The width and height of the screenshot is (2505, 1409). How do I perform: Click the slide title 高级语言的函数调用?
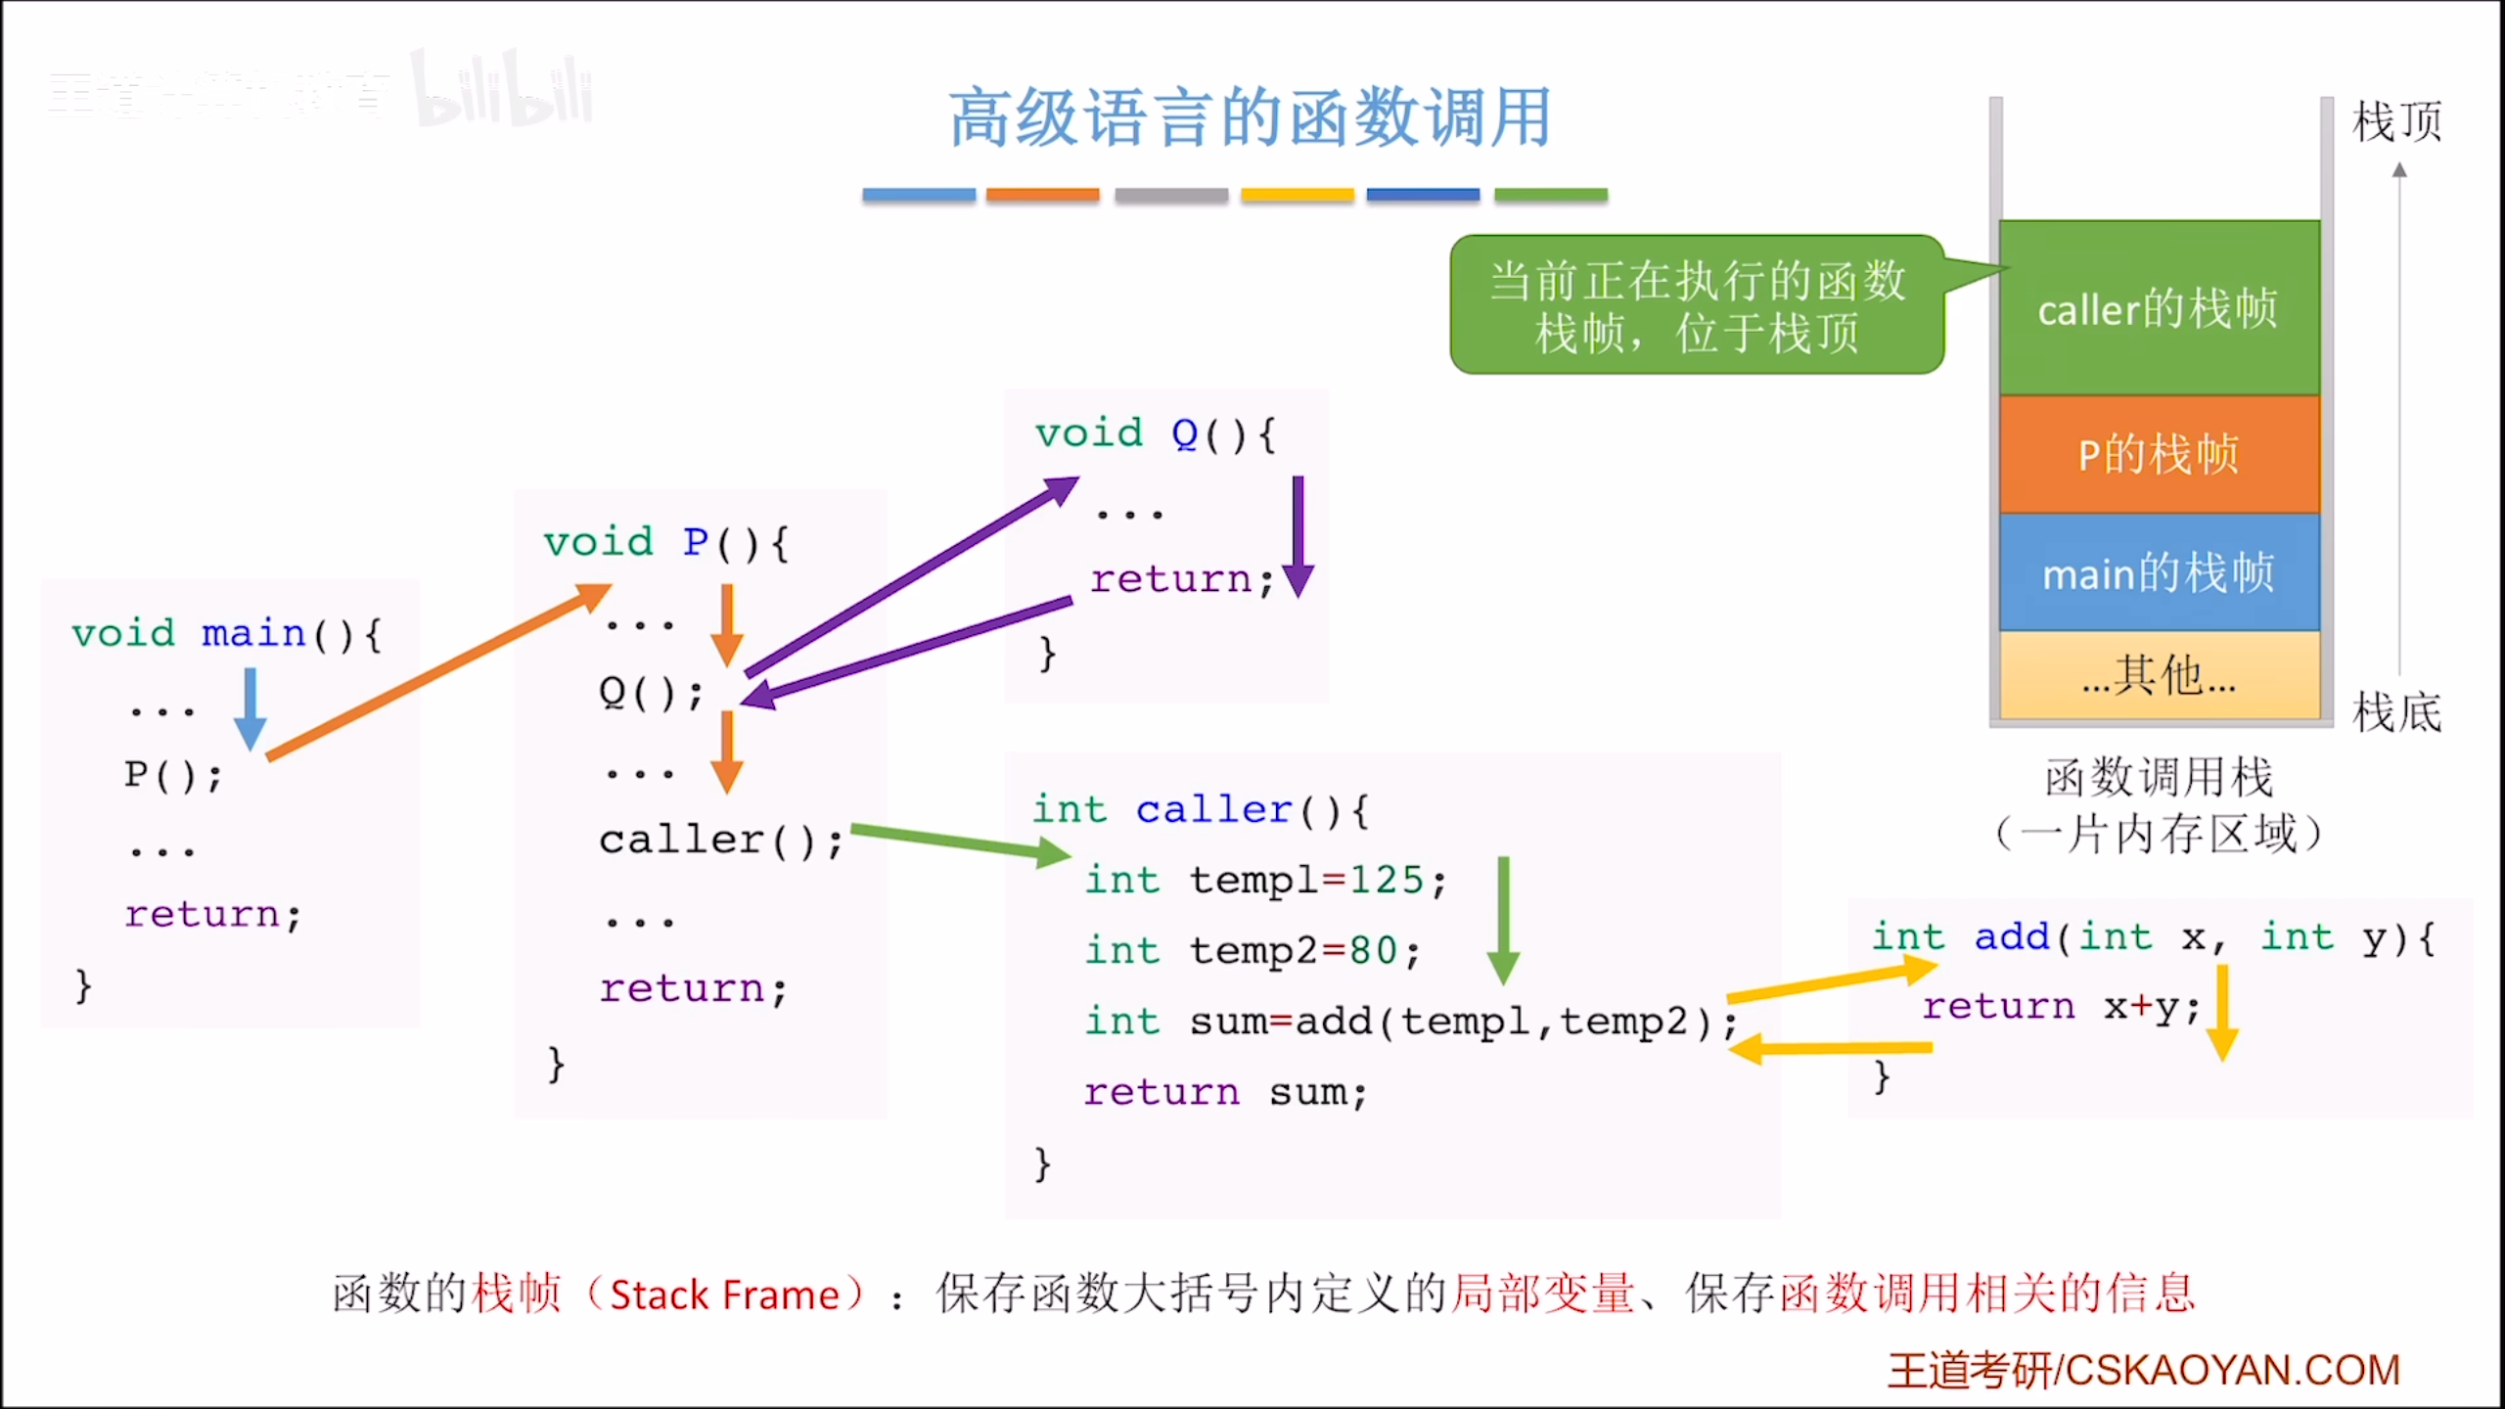(1250, 117)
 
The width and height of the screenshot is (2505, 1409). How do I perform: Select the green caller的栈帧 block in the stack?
(2159, 308)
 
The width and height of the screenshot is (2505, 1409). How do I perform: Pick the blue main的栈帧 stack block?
(2159, 572)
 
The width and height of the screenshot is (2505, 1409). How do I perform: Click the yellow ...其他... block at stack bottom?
(2159, 675)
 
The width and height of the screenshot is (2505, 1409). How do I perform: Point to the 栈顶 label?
(2396, 122)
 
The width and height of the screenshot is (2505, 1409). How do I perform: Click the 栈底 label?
(2396, 712)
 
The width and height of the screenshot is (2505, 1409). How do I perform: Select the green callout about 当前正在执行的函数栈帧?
(1697, 305)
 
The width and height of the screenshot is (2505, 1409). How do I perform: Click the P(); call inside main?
(172, 775)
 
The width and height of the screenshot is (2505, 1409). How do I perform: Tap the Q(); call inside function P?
(650, 693)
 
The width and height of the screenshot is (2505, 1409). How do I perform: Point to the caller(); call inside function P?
(720, 840)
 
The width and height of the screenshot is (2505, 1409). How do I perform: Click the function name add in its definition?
(2012, 936)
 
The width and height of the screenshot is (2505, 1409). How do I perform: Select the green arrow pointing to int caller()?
(959, 842)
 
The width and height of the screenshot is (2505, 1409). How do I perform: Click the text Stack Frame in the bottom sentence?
(724, 1295)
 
